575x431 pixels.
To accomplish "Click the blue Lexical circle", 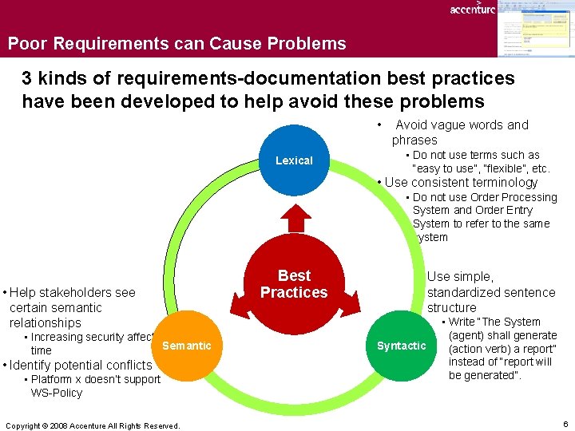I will pyautogui.click(x=294, y=160).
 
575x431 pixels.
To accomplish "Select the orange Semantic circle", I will pyautogui.click(x=186, y=346).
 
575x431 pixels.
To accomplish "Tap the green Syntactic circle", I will pyautogui.click(x=402, y=346).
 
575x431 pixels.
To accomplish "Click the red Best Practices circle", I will pyautogui.click(x=294, y=284).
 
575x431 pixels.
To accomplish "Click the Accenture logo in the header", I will pyautogui.click(x=472, y=9).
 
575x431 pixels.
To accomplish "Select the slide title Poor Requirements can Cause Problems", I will pyautogui.click(x=177, y=44).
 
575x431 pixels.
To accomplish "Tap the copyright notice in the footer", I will pyautogui.click(x=93, y=425).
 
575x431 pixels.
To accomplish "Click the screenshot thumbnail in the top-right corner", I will pyautogui.click(x=534, y=29).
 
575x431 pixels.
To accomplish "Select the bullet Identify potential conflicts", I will pyautogui.click(x=80, y=365).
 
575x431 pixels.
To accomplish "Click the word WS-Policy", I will pyautogui.click(x=57, y=393).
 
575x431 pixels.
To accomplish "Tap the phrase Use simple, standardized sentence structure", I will pyautogui.click(x=490, y=291).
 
